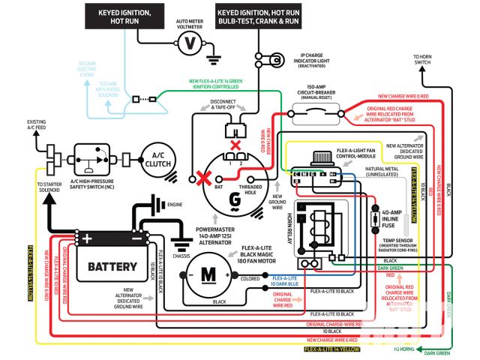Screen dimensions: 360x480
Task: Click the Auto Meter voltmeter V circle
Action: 190,43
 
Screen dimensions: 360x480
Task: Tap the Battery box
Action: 113,266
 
